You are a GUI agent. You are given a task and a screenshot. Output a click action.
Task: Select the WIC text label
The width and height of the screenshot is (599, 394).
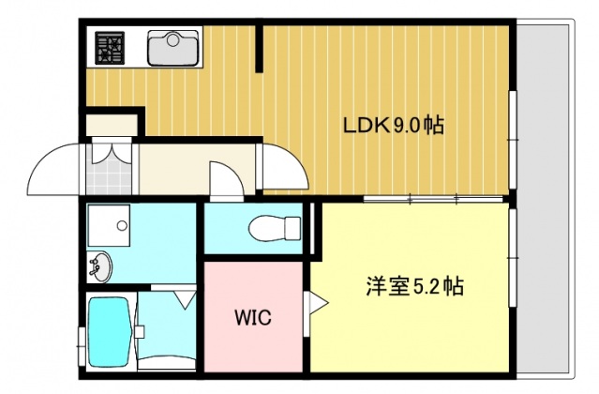coord(252,318)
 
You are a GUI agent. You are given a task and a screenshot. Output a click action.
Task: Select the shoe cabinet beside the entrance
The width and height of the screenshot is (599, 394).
coord(111,123)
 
